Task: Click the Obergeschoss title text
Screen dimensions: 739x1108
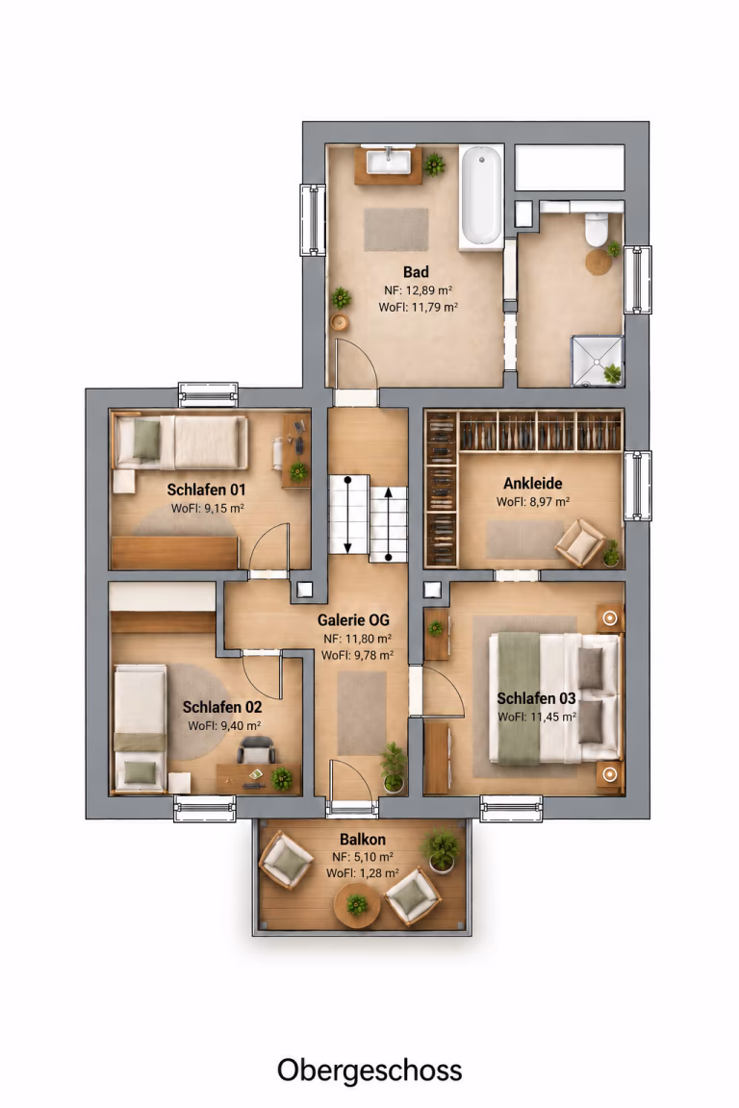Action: click(369, 1070)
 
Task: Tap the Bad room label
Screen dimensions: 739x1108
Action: click(416, 272)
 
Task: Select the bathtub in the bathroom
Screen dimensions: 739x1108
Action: click(481, 196)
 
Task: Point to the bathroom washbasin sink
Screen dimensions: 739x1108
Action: click(387, 162)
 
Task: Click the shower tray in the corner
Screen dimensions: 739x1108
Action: click(598, 361)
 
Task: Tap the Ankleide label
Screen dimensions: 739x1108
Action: click(532, 484)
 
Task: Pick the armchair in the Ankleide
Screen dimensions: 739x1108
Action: click(580, 542)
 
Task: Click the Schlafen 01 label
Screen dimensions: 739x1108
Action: click(206, 489)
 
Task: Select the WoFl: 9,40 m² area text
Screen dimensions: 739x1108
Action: click(224, 726)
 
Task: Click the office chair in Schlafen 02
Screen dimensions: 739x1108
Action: click(256, 748)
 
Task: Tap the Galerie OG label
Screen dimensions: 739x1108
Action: click(353, 619)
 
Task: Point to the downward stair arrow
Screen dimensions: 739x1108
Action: click(348, 515)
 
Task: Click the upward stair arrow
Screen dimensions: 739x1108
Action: click(388, 523)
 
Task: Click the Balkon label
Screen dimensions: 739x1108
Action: click(363, 840)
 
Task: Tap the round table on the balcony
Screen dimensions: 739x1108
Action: click(357, 904)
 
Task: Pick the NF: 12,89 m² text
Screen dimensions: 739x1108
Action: click(418, 290)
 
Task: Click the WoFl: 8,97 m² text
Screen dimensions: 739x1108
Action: click(532, 502)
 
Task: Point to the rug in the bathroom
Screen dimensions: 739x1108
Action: click(396, 229)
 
